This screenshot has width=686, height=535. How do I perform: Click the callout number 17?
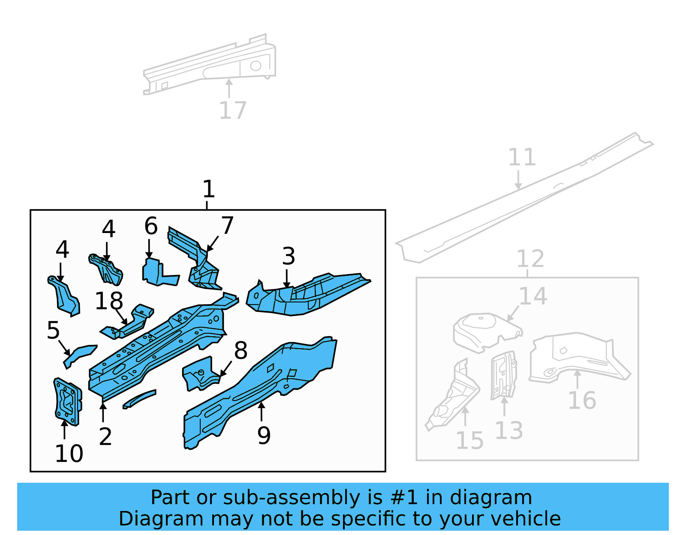(x=233, y=111)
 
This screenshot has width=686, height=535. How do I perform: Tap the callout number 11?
(x=522, y=157)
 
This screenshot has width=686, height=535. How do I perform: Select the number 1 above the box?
(x=208, y=189)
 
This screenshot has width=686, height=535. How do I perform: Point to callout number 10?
(x=69, y=453)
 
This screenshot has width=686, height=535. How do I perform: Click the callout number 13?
(x=509, y=430)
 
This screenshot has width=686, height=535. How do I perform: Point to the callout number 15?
(x=469, y=440)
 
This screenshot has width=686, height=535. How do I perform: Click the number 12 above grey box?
(x=530, y=259)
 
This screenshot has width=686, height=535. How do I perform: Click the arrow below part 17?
(x=229, y=88)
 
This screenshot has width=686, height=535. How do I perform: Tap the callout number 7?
(x=227, y=225)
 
